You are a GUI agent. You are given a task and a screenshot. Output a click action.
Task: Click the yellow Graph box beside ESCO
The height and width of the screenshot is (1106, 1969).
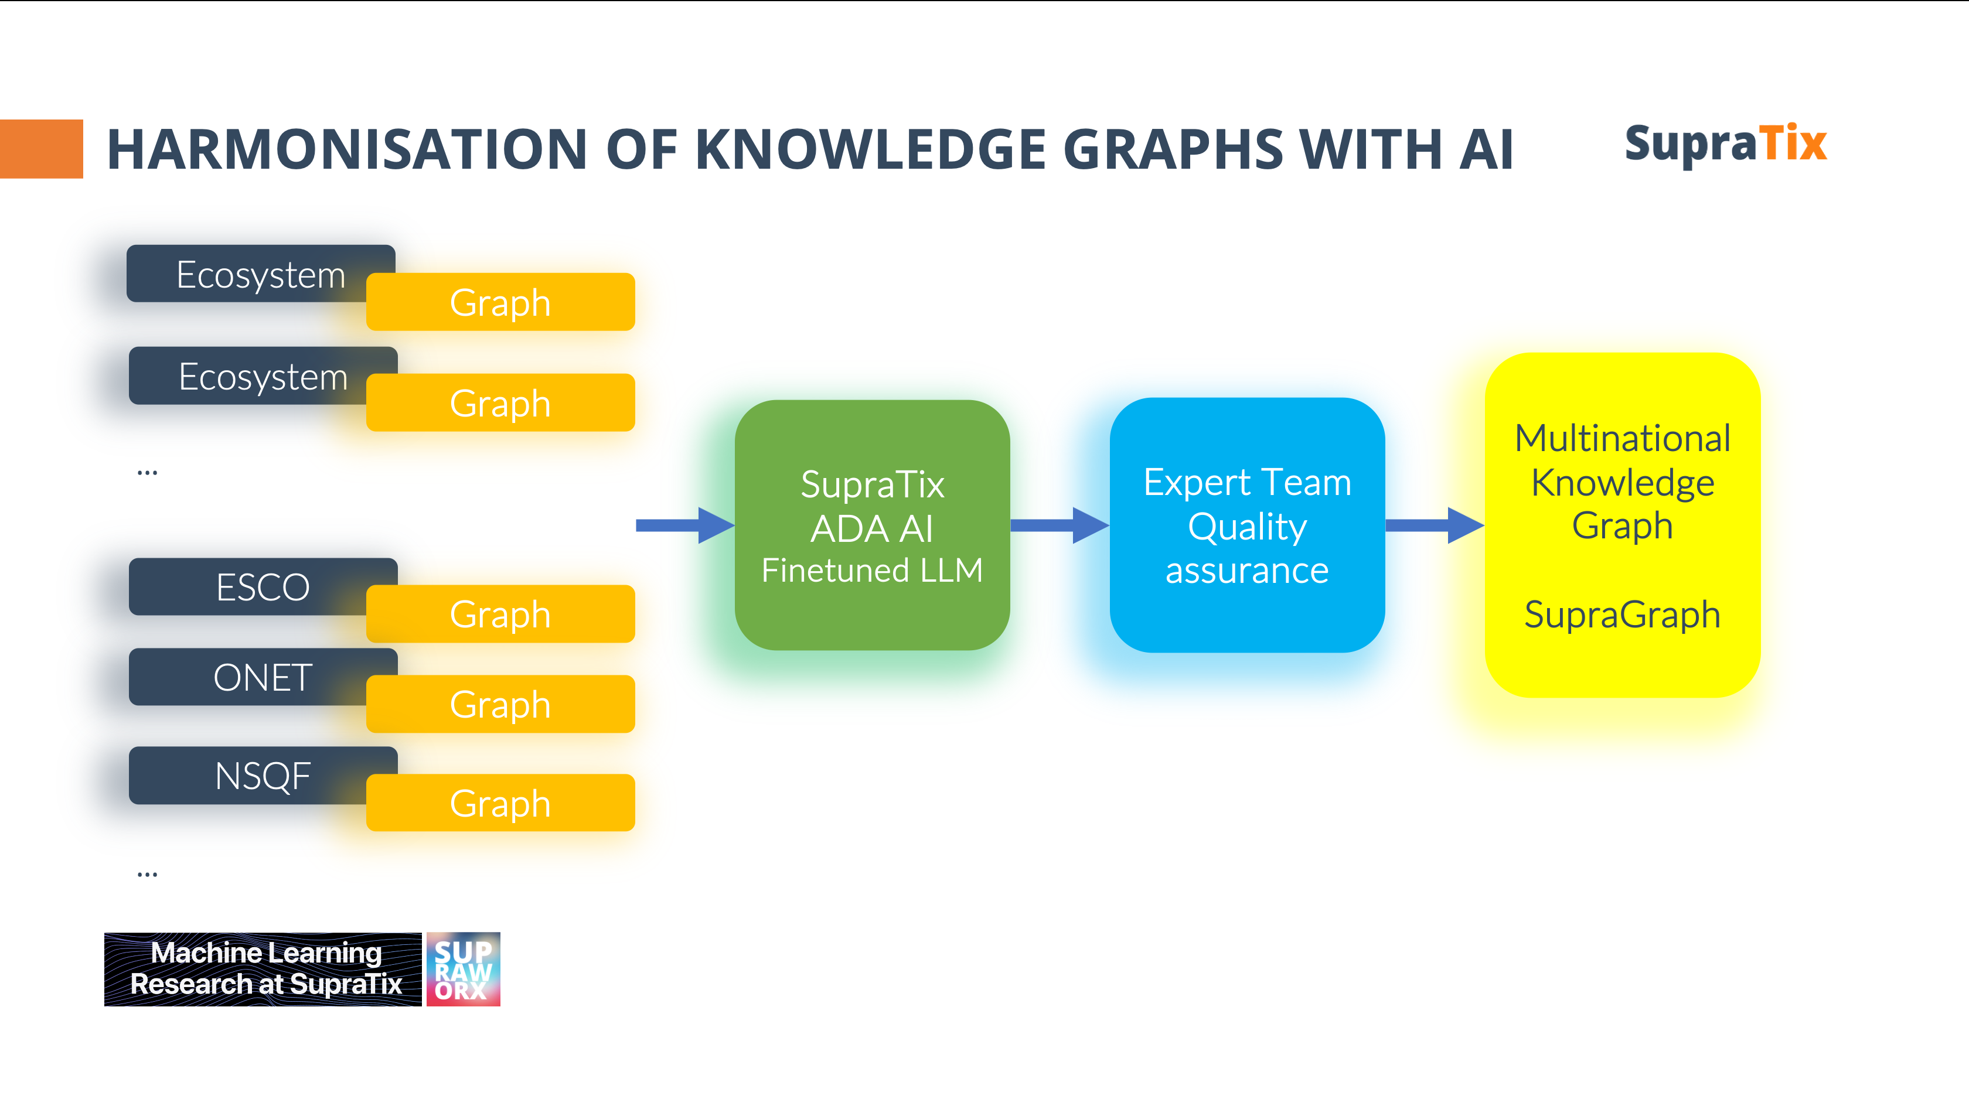[x=500, y=615]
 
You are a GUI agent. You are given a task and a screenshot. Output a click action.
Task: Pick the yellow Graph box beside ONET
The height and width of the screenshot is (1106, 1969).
[x=500, y=704]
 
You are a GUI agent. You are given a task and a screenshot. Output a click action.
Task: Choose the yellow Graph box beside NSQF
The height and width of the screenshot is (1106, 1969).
[x=500, y=803]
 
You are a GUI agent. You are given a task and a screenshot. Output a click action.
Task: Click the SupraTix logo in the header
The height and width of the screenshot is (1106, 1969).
[x=1725, y=144]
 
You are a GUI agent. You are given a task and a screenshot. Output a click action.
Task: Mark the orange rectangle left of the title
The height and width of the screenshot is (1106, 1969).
[x=41, y=149]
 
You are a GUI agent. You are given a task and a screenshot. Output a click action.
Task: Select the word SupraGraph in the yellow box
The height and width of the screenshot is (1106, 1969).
[x=1622, y=615]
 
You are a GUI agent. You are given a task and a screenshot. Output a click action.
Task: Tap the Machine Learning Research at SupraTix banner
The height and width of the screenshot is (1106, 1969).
[x=263, y=969]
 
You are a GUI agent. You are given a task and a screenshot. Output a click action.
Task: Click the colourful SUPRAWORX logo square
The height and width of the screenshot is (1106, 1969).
[x=463, y=969]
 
